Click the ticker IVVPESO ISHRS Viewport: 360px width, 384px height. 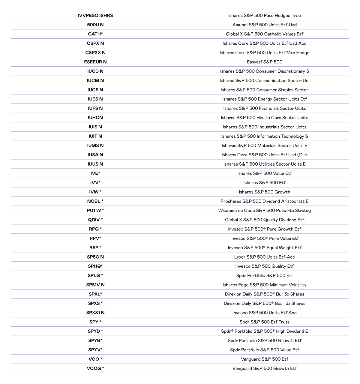point(95,16)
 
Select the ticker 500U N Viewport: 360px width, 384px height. point(95,25)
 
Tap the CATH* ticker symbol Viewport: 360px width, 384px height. point(95,34)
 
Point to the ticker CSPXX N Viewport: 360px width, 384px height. point(95,53)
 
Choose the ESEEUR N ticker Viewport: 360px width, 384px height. point(95,62)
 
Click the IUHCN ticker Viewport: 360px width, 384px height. point(95,118)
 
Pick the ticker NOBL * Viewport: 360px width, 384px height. point(95,201)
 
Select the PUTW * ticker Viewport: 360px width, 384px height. point(95,211)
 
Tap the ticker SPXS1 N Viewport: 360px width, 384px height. point(95,313)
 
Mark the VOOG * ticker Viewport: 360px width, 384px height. point(95,368)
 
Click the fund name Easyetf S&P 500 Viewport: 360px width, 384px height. point(265,62)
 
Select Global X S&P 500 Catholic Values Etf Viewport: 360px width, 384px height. point(265,34)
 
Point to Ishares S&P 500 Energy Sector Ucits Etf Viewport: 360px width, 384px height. point(265,99)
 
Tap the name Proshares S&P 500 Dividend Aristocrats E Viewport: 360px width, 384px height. point(265,201)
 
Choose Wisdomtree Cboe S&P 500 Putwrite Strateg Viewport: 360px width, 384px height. point(265,211)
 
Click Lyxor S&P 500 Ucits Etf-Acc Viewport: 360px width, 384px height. point(265,257)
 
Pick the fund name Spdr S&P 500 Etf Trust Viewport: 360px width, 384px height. point(265,322)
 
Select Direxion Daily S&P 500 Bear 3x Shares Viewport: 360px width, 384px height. point(265,303)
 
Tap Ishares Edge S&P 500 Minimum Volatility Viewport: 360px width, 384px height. point(265,285)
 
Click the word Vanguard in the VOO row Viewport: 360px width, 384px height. point(250,359)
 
